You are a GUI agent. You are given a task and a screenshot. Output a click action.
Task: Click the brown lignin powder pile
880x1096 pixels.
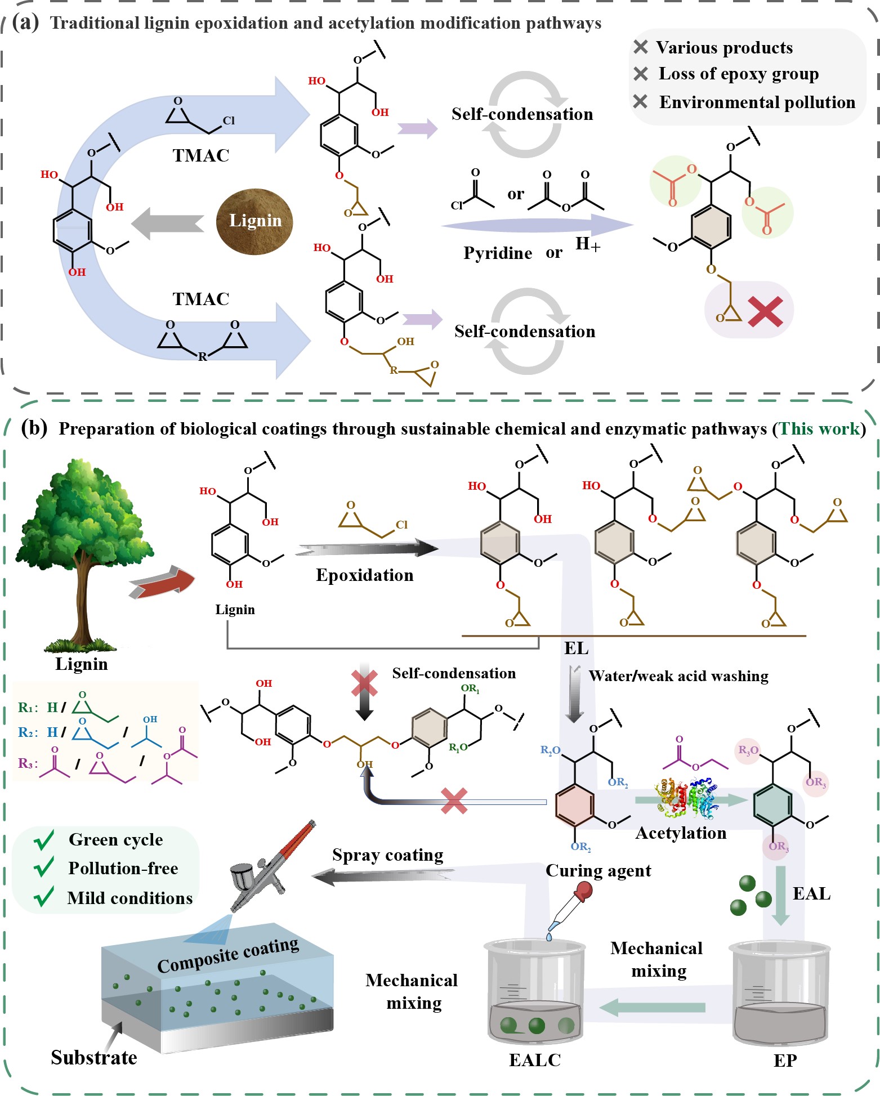(254, 221)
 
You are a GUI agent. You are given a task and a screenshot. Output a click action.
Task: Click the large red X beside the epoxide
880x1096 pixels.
(766, 311)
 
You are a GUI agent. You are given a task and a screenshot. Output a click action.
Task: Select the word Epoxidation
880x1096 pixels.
(364, 575)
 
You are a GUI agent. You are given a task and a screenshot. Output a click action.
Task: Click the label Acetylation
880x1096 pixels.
(681, 833)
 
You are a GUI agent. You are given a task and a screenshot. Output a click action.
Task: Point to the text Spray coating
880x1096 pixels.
(387, 855)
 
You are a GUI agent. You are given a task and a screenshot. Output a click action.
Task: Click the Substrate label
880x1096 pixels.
(94, 1057)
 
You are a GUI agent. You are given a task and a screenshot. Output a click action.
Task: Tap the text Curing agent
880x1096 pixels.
(598, 871)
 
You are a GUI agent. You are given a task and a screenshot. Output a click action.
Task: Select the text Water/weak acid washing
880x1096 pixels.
(678, 676)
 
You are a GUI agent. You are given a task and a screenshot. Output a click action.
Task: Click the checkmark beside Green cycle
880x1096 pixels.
(44, 839)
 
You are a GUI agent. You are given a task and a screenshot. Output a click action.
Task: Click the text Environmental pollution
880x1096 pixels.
(757, 102)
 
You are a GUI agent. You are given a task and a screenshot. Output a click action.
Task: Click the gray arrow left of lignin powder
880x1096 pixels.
(167, 223)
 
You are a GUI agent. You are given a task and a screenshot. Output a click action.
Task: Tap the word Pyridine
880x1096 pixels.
(498, 253)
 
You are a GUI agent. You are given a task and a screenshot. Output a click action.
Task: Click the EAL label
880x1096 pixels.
(811, 893)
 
